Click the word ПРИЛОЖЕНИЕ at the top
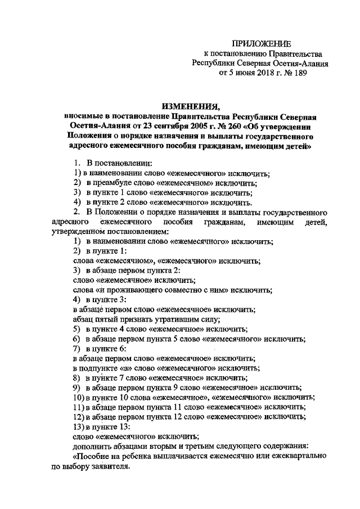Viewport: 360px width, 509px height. click(x=263, y=43)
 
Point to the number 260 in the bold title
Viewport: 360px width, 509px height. click(x=234, y=126)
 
